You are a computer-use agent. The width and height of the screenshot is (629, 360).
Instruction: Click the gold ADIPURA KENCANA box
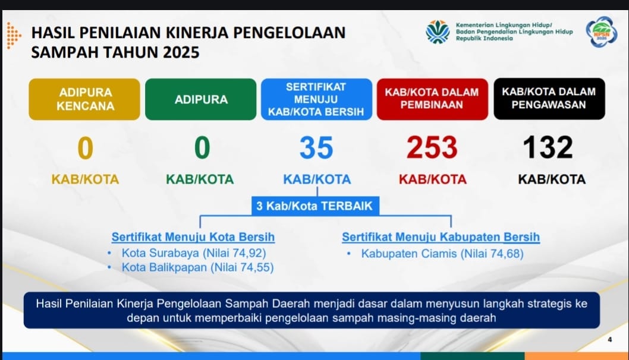pos(84,99)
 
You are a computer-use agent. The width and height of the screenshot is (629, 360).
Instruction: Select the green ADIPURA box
pos(201,99)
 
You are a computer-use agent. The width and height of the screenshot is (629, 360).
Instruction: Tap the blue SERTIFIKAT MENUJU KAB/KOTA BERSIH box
pos(316,99)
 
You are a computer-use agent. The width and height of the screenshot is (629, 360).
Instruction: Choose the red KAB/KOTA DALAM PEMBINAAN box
pos(432,99)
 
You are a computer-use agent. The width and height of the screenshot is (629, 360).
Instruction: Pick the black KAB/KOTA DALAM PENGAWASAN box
pos(549,99)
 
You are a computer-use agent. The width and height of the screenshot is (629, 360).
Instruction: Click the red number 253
pos(432,147)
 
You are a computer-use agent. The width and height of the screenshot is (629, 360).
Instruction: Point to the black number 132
pos(548,147)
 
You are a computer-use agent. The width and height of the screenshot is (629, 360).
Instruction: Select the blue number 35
pos(316,147)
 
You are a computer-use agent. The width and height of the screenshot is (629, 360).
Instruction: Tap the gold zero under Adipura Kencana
pos(86,148)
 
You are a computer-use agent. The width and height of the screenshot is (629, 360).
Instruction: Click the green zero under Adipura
pos(202,147)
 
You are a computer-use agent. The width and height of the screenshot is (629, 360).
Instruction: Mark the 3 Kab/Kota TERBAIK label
pos(315,206)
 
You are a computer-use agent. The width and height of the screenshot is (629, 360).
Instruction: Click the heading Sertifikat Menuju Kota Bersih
pos(193,237)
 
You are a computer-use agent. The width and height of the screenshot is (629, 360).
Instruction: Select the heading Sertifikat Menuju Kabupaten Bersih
pos(441,237)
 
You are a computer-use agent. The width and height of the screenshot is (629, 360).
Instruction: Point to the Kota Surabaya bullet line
pos(194,253)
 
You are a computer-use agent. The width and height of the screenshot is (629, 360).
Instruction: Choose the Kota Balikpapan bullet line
pos(198,267)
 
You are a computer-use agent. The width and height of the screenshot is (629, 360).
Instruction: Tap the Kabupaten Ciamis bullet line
pos(442,253)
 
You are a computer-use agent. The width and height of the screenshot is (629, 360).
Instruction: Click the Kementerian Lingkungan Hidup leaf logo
pos(438,31)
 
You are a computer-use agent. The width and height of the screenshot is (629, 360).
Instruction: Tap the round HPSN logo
pos(601,32)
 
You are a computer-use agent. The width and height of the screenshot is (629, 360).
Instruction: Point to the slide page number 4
pos(610,340)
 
